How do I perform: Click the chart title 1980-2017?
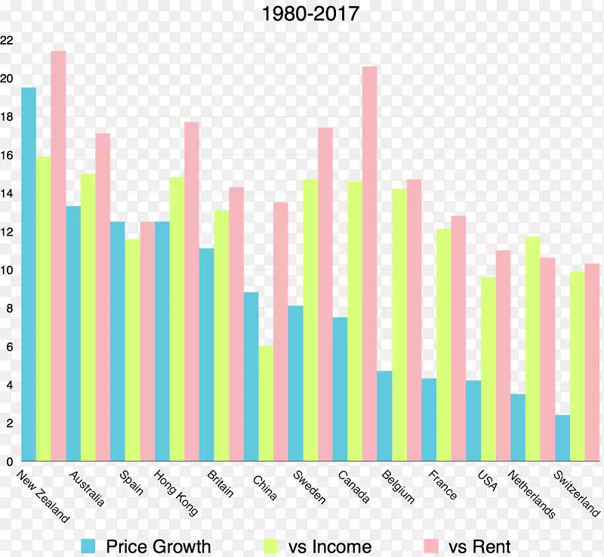coord(310,14)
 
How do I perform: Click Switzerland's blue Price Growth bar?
coord(562,438)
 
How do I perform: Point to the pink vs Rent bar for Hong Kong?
coord(192,291)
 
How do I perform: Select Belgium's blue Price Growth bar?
coord(384,416)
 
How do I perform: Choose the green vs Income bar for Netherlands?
coord(532,348)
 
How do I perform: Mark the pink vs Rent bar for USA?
coord(503,355)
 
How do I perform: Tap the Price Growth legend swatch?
coord(88,546)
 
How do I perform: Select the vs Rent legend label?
coord(479,546)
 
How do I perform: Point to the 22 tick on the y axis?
coord(7,40)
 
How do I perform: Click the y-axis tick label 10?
coord(7,270)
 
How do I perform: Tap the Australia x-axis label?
coord(87,488)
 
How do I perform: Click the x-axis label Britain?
coord(220,484)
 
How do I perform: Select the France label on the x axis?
coord(442,484)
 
